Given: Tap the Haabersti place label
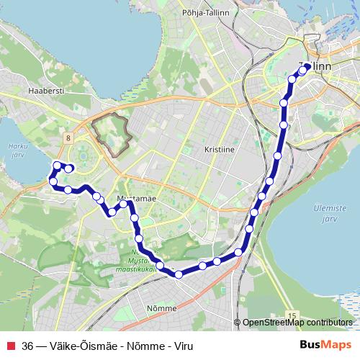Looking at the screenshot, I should (42, 91).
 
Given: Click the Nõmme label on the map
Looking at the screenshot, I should (161, 308).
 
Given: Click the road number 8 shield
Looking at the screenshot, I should (67, 137).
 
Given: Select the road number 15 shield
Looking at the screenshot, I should (291, 315).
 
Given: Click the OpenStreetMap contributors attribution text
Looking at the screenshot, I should (297, 323).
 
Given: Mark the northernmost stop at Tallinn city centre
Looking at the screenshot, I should (306, 68).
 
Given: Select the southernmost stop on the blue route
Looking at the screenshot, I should (179, 274).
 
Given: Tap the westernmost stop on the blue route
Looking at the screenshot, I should (51, 183).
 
